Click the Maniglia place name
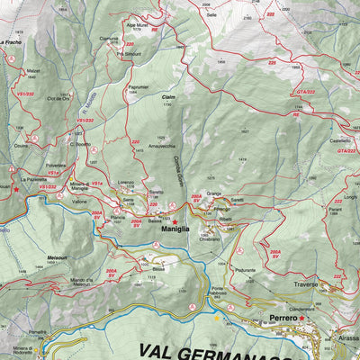click(175, 229)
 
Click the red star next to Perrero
click(302, 318)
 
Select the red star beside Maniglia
click(175, 220)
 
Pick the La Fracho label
click(11, 41)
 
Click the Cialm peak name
click(167, 97)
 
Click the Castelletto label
click(339, 140)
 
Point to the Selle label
click(211, 15)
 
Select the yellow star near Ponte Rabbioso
click(215, 317)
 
